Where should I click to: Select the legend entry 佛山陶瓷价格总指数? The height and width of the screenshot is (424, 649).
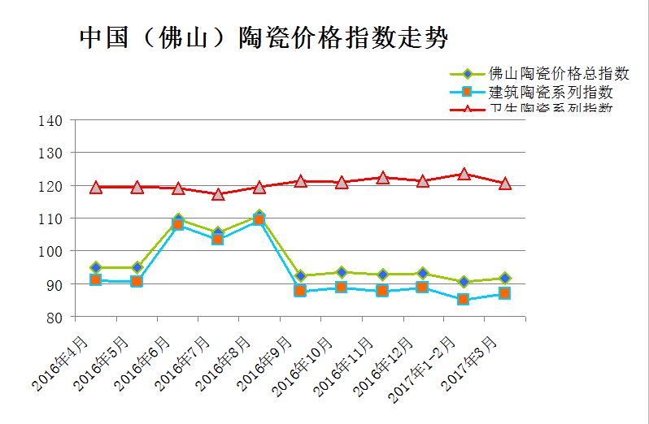(x=560, y=74)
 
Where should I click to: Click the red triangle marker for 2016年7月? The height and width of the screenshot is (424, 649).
(x=218, y=194)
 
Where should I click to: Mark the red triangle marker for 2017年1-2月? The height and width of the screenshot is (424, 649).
(x=464, y=174)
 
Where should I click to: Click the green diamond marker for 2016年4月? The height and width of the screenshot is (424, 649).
(x=95, y=267)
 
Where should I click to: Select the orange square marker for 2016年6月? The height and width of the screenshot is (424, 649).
(x=177, y=224)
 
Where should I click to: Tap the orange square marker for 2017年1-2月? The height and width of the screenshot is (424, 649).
(x=464, y=300)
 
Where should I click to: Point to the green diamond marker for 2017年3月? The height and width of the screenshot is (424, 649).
(x=504, y=278)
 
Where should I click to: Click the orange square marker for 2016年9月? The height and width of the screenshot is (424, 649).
(x=300, y=290)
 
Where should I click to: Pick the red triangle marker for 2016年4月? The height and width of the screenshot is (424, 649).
(x=95, y=188)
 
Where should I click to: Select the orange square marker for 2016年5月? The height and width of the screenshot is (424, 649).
(x=137, y=281)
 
